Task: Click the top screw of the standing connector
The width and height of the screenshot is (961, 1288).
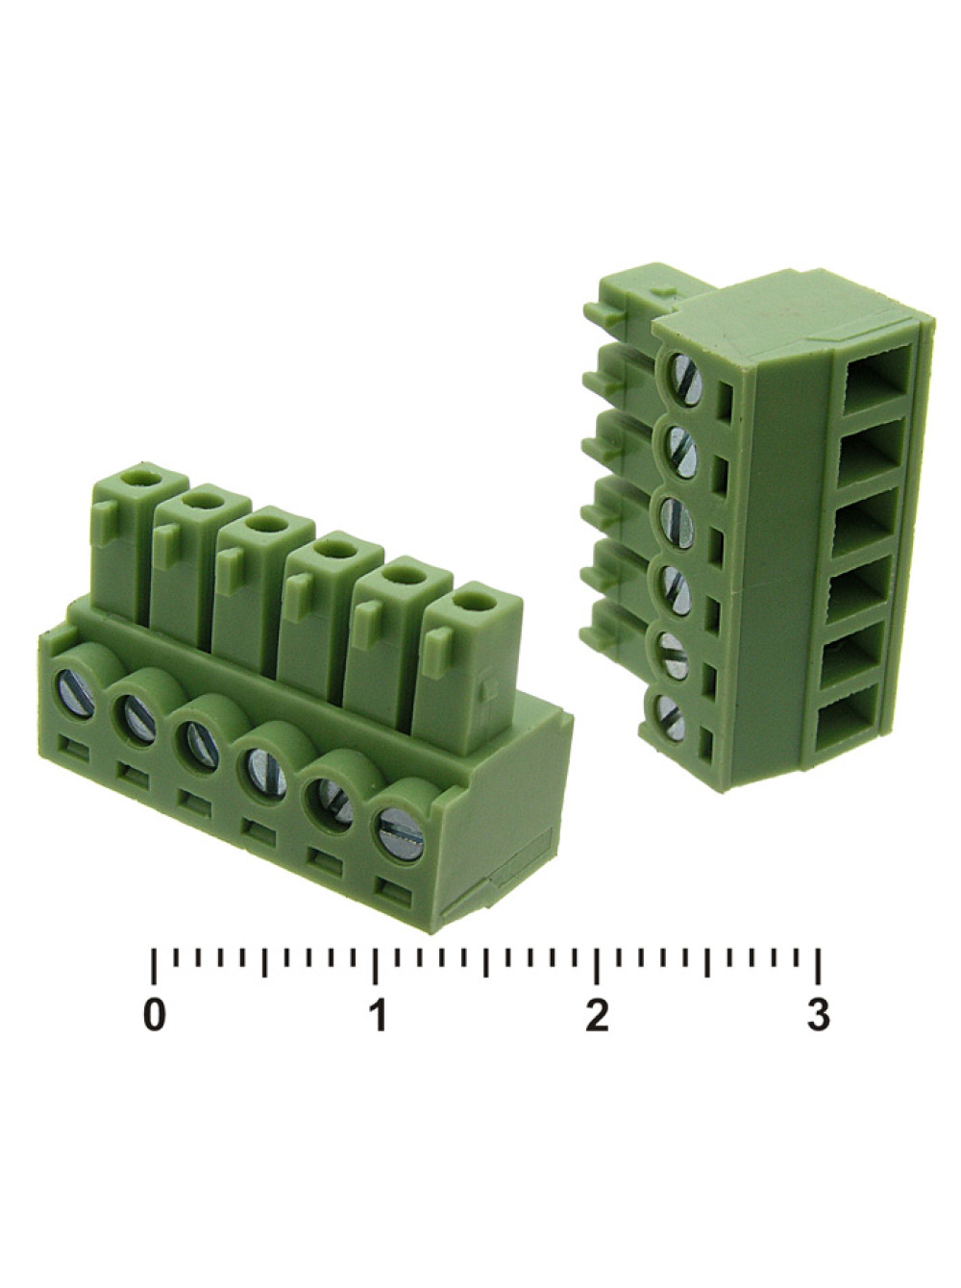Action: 686,379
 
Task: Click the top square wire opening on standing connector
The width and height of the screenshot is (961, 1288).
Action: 873,378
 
